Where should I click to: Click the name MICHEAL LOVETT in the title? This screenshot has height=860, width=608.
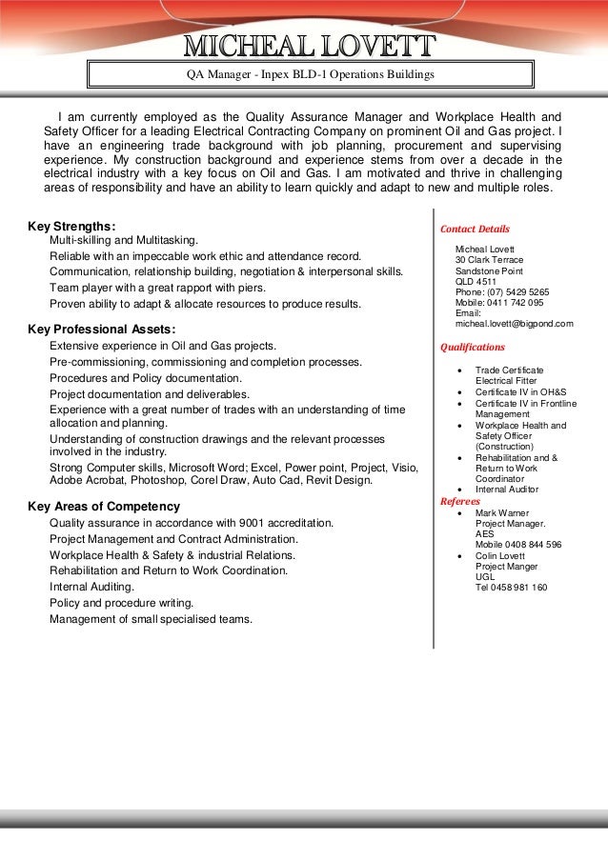[310, 45]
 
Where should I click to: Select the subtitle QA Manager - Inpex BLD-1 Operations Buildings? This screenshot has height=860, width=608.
[310, 73]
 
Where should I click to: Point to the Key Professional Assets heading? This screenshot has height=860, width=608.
[102, 330]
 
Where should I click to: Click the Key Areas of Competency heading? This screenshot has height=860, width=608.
[104, 506]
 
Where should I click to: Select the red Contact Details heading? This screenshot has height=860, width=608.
[475, 229]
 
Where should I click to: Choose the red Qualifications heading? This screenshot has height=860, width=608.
[473, 347]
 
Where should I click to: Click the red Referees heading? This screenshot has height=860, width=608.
[459, 500]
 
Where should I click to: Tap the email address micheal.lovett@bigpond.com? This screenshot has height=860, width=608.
[515, 324]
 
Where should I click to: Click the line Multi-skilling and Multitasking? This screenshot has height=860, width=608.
[124, 241]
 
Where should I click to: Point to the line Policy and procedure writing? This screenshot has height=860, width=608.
[121, 603]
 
